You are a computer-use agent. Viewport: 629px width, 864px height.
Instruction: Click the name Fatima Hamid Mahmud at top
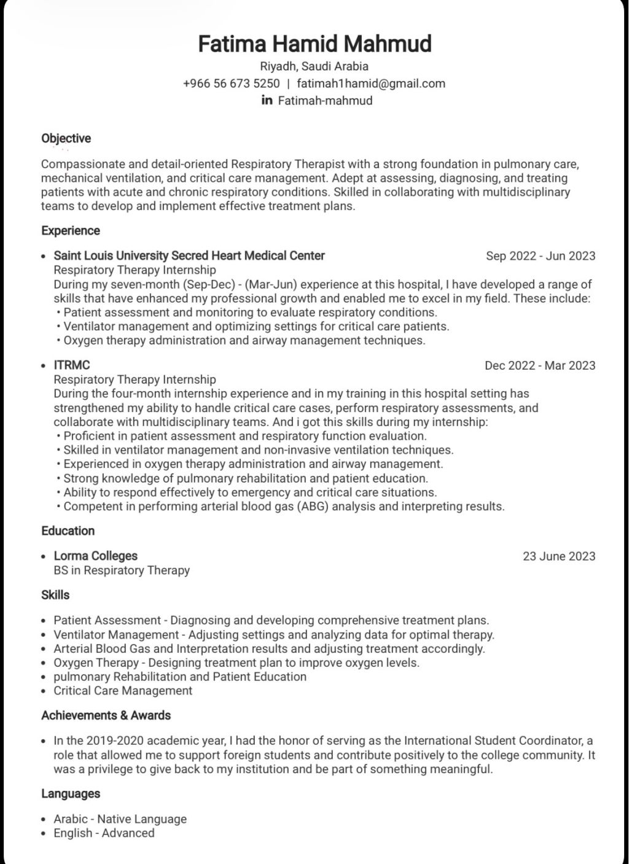314,44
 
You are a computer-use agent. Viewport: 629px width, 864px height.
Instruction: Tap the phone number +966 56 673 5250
231,84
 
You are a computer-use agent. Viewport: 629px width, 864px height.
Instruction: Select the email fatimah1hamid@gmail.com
370,84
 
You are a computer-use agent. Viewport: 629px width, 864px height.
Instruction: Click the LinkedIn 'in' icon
267,100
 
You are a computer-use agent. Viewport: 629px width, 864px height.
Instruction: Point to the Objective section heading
66,138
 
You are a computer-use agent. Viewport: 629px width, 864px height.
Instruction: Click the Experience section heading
70,231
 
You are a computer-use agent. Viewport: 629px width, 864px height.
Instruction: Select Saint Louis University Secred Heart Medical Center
189,255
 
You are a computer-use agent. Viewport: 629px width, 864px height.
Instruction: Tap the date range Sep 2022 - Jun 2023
540,256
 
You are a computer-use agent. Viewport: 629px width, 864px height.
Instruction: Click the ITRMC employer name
72,365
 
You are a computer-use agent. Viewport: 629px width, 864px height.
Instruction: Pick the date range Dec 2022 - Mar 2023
539,365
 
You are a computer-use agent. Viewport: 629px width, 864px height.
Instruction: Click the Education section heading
68,531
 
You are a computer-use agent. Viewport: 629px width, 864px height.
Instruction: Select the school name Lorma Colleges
95,556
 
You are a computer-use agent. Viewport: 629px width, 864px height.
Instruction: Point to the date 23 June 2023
558,556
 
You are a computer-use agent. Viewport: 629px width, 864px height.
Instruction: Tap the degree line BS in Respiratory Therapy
122,570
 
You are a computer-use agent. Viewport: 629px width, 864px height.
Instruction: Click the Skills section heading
55,595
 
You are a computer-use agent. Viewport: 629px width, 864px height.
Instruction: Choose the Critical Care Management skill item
123,691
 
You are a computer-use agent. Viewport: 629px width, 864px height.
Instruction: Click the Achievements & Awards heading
106,715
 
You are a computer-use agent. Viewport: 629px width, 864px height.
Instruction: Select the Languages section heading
70,793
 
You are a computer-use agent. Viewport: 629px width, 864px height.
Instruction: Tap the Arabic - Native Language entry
120,819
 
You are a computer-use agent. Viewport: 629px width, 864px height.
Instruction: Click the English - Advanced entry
104,833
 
